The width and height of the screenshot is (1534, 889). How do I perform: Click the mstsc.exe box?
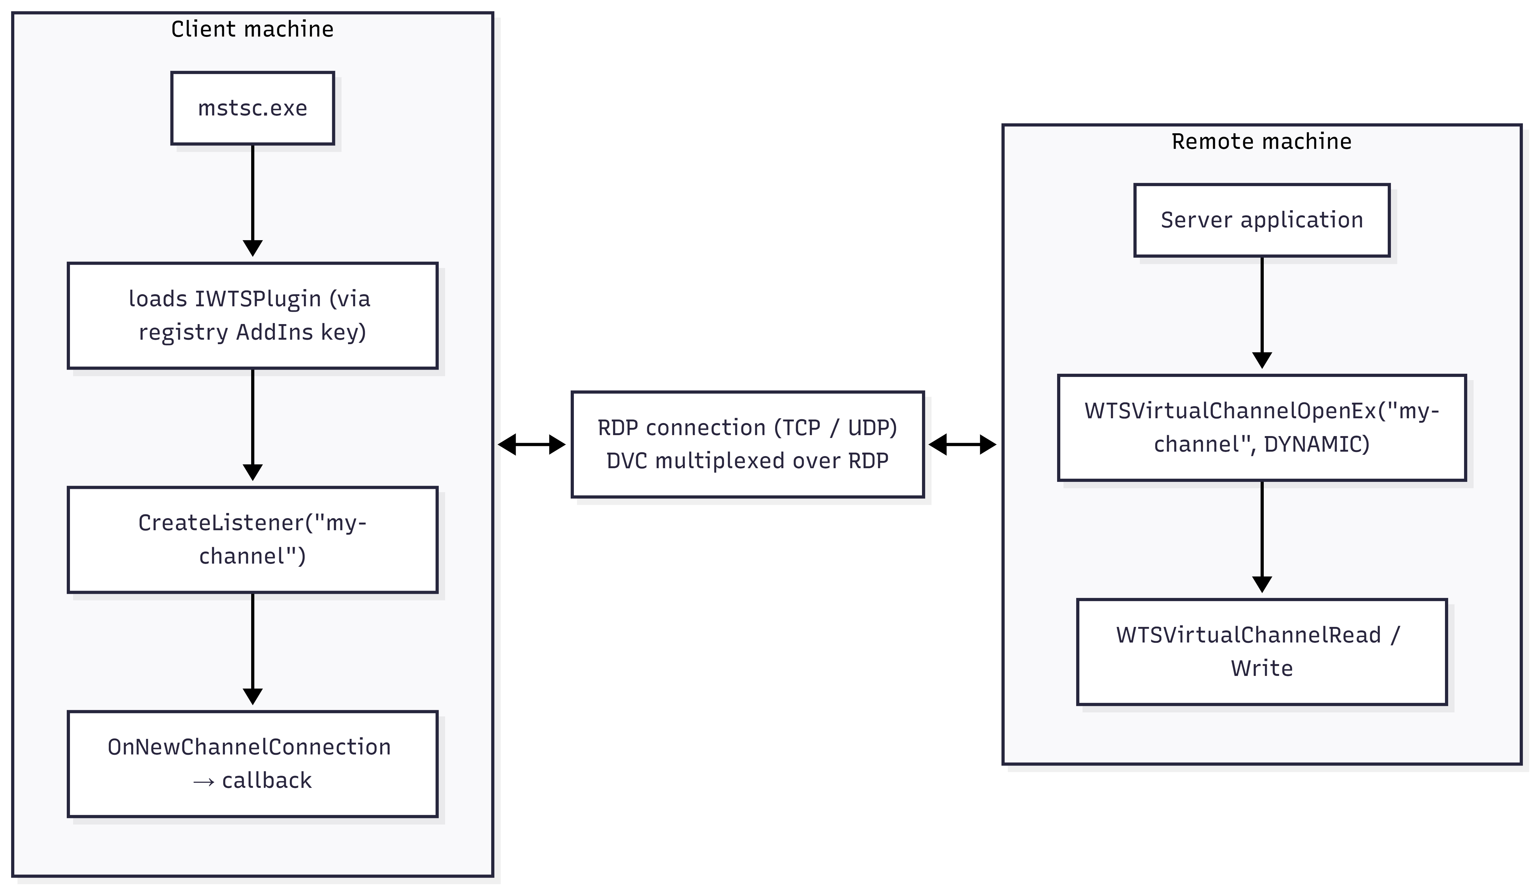[x=253, y=108]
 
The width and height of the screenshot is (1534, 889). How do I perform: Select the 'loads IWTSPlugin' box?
[x=253, y=316]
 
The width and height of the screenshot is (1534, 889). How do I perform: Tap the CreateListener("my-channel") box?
[x=253, y=539]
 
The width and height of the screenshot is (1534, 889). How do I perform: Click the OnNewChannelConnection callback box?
[x=253, y=764]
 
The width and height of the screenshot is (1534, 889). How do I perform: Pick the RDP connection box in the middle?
[x=747, y=445]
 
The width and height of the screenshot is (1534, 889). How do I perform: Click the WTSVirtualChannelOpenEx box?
[x=1262, y=427]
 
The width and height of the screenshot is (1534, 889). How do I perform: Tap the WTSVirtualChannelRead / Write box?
[x=1262, y=651]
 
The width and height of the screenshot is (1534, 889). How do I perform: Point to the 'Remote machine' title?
[x=1262, y=141]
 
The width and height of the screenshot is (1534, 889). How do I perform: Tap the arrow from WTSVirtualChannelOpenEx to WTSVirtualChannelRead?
[x=1262, y=537]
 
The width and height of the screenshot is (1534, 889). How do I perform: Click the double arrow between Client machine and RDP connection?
[x=532, y=445]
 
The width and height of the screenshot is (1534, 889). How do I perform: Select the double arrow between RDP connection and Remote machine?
[x=962, y=445]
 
